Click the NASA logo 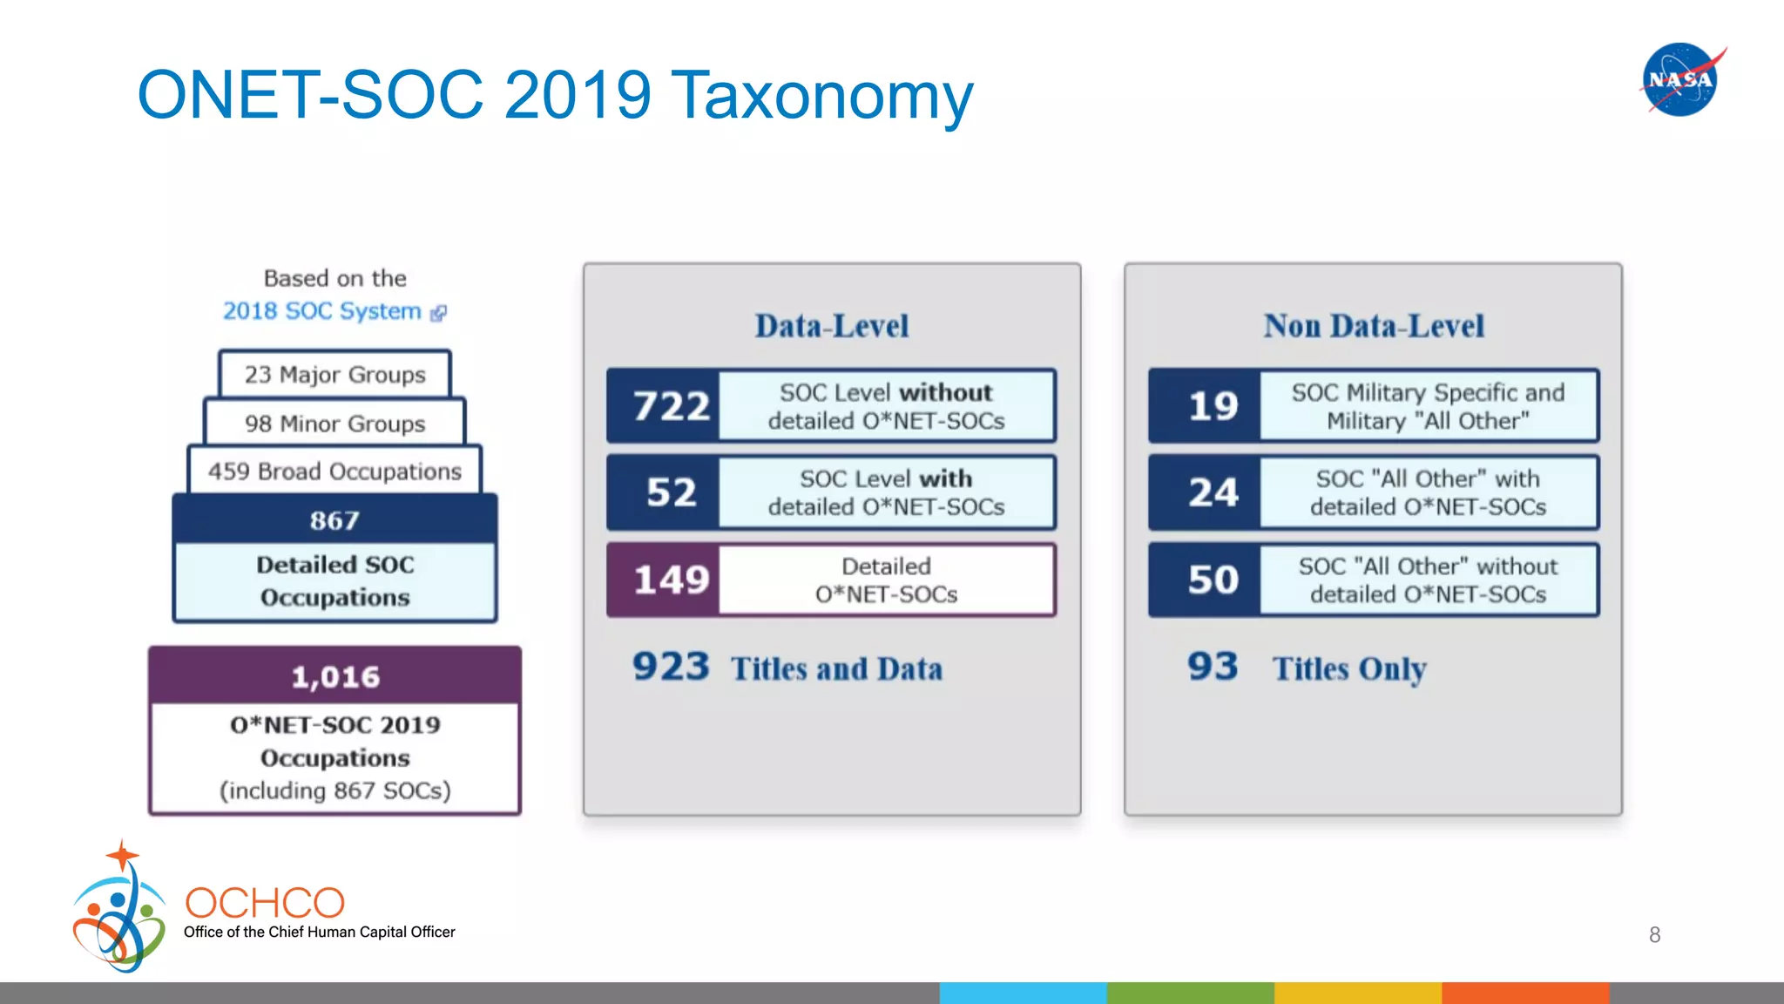tap(1680, 79)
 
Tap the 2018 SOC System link tap(322, 311)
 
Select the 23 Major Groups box tap(334, 375)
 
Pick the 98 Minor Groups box tap(334, 424)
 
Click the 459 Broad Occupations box tap(334, 471)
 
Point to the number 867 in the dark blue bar tap(334, 520)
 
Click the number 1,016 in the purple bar tap(334, 676)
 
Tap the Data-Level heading tap(831, 326)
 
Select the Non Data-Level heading tap(1374, 326)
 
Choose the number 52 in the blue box tap(671, 492)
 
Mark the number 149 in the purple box tap(671, 580)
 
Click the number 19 tap(1213, 406)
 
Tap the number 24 tap(1213, 492)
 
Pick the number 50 tap(1213, 580)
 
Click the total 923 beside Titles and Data tap(671, 667)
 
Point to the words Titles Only tap(1348, 668)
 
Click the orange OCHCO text tap(265, 903)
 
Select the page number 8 tap(1654, 935)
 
